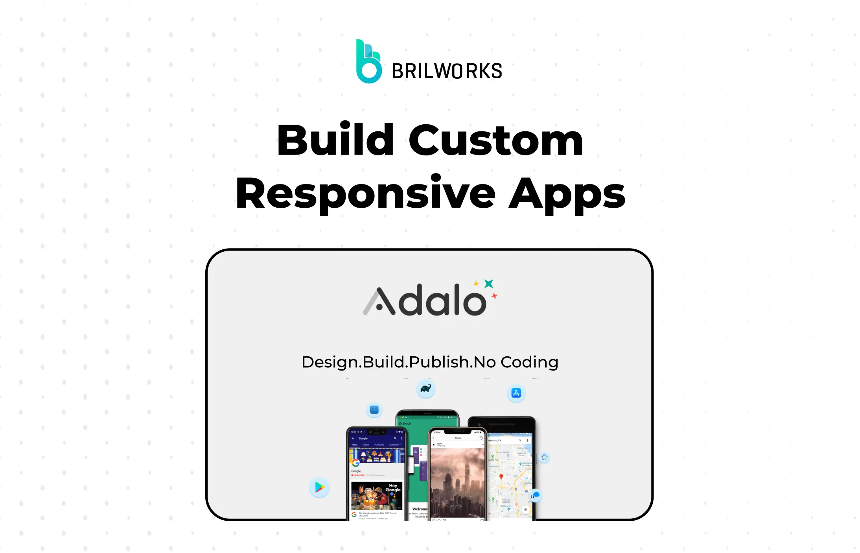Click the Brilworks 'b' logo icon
368,62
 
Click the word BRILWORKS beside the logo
447,71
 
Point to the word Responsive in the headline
365,193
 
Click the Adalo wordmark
425,301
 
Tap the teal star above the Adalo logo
489,284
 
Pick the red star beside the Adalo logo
494,296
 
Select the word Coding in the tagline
529,362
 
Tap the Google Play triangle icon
319,488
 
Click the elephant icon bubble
425,389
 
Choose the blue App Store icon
516,393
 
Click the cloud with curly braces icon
535,495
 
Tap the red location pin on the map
501,477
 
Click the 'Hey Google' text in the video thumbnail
393,488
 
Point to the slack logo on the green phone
405,423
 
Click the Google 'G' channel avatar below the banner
355,463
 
